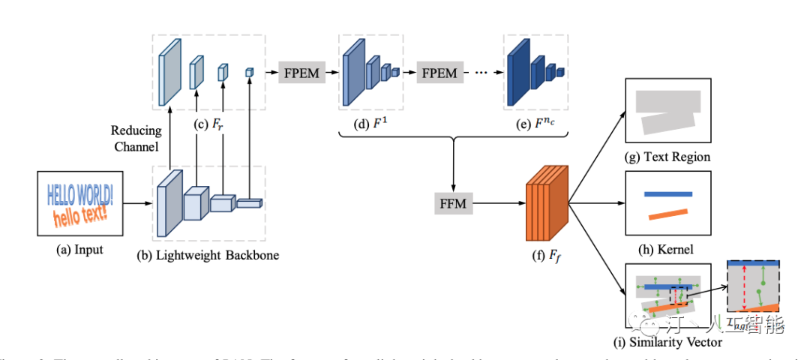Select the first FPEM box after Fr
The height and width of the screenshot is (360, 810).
click(301, 73)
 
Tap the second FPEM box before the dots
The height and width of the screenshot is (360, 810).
click(439, 73)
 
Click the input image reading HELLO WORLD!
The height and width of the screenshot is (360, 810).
click(79, 202)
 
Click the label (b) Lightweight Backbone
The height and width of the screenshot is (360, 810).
click(208, 255)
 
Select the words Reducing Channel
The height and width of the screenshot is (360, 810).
click(136, 138)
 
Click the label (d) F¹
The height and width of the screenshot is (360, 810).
click(370, 124)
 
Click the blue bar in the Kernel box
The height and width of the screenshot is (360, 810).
click(667, 194)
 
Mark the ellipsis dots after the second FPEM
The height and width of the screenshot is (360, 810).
click(481, 73)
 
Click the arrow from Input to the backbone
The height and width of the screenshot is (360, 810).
click(137, 202)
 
